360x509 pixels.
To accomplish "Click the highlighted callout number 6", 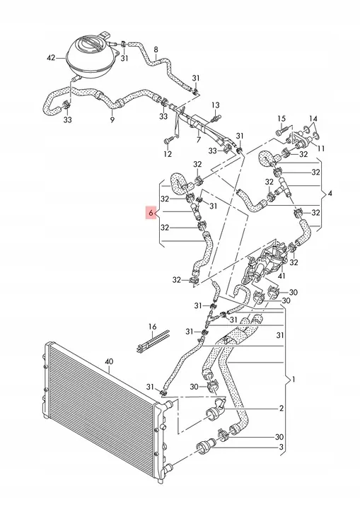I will [150, 212].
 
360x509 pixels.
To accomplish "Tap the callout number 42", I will [50, 57].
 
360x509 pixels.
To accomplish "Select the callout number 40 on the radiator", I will [108, 362].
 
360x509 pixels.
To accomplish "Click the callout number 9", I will [112, 120].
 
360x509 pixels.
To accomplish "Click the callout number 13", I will [215, 105].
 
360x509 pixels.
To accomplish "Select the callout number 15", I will [281, 118].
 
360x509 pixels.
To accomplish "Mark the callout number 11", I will [320, 149].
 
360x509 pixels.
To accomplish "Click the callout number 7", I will [199, 140].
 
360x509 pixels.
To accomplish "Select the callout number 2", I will [281, 408].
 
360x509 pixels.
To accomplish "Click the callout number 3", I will [281, 447].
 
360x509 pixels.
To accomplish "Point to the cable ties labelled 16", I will [151, 346].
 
